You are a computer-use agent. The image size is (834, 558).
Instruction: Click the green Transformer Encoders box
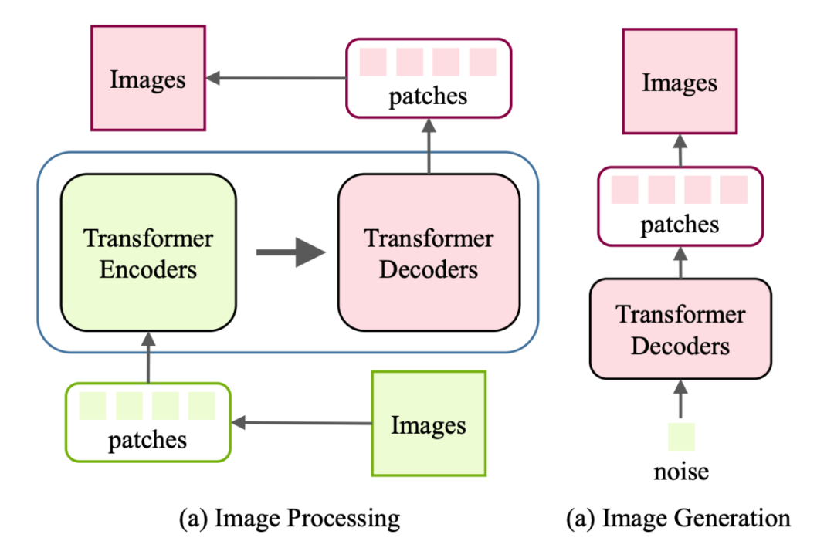[148, 253]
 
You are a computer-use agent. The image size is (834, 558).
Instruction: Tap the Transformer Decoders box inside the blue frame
[429, 253]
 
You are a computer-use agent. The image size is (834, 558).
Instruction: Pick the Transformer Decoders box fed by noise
[680, 328]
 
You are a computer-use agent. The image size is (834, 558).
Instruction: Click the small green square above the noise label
[680, 436]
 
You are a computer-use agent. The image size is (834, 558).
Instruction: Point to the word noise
[680, 471]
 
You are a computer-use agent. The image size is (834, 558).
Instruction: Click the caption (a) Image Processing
[290, 518]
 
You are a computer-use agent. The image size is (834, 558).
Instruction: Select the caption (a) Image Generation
[678, 518]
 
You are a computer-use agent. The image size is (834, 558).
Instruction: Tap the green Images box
[429, 423]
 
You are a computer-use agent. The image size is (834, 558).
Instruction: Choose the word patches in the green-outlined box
[147, 440]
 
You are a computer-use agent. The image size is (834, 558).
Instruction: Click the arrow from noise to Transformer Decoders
[680, 399]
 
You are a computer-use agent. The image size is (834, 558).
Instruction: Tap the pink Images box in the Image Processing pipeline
[148, 78]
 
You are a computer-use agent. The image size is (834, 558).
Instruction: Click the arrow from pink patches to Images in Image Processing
[275, 77]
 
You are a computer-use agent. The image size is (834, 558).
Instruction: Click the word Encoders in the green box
[148, 269]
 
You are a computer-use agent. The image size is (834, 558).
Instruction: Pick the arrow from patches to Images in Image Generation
[680, 150]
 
